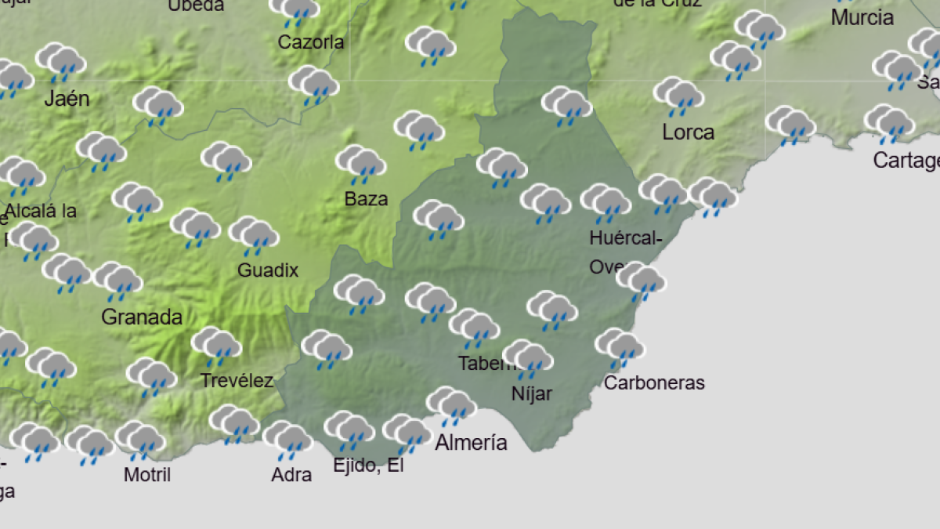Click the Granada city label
tap(142, 317)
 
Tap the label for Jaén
tap(67, 99)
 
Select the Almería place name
tap(471, 443)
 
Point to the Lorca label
tap(688, 132)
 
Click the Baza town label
tap(366, 199)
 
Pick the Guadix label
tap(268, 270)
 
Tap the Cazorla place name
tap(311, 42)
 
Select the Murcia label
tap(862, 17)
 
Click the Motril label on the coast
tap(146, 474)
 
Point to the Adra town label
tap(291, 474)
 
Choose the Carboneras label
tap(654, 382)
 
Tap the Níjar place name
tap(531, 393)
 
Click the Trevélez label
tap(237, 381)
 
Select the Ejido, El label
tap(368, 466)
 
